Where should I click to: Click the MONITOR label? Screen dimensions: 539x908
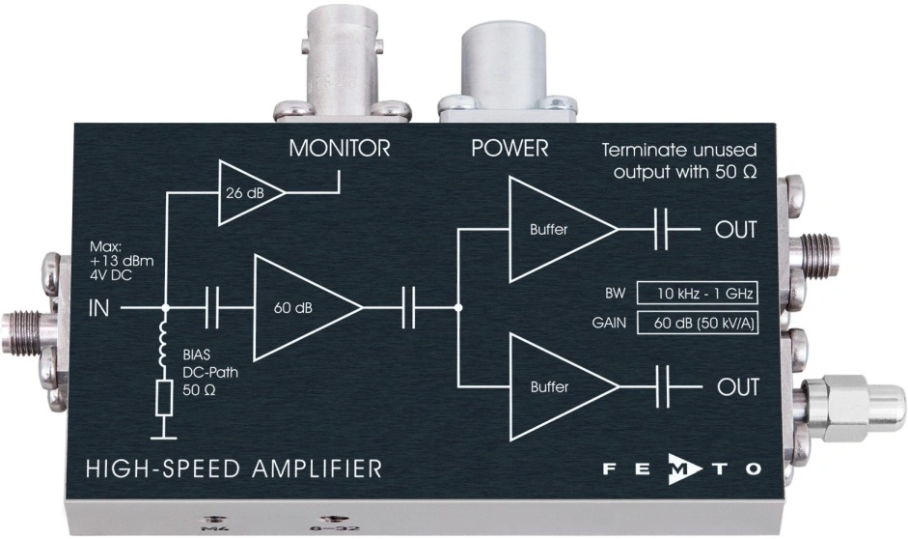(x=339, y=149)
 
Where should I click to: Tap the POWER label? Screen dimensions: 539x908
(x=509, y=149)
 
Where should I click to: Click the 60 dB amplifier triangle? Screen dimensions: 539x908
(x=300, y=308)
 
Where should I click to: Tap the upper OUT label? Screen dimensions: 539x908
(x=735, y=231)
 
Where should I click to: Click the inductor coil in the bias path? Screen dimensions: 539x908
(x=164, y=349)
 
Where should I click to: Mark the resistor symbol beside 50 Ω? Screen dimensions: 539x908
(x=164, y=397)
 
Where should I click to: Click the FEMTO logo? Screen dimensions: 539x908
(x=684, y=469)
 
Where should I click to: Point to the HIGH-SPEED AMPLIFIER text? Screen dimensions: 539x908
(x=234, y=469)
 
